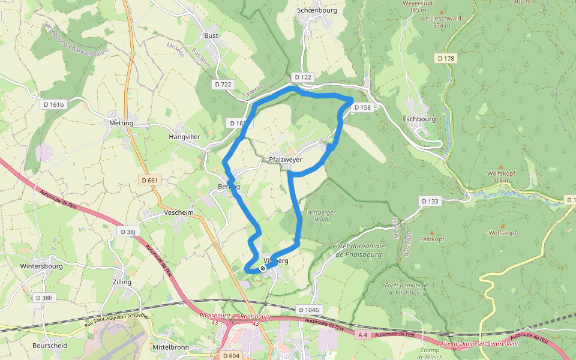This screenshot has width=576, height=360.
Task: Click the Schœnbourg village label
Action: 317,10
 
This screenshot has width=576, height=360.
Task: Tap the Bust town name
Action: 211,35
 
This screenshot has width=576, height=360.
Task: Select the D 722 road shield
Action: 223,84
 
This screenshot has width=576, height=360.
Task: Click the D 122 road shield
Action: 303,77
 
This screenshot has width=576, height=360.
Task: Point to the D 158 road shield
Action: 362,107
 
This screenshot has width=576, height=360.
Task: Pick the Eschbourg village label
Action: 419,119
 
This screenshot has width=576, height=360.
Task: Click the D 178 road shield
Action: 446,58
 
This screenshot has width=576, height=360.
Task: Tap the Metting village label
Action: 121,123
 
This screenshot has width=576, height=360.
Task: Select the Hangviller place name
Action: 184,137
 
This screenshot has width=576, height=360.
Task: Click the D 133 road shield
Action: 430,201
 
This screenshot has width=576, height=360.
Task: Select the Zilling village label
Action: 122,281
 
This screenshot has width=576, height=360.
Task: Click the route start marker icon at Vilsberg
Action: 263,268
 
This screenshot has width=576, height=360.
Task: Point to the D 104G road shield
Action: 310,310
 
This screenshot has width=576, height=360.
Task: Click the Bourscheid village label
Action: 50,346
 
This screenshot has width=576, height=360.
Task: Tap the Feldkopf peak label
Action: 432,239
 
